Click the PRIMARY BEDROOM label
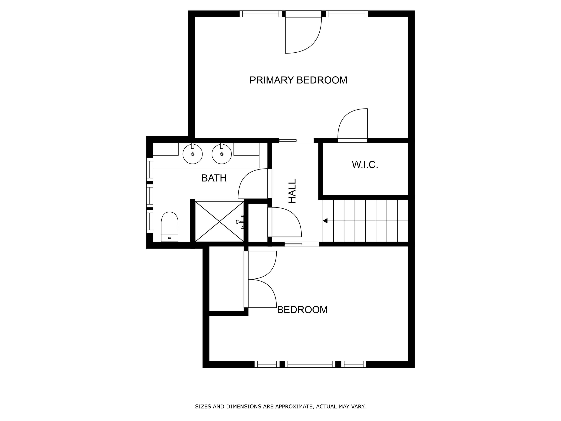[x=298, y=80]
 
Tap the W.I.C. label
[x=365, y=165]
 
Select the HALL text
[x=292, y=191]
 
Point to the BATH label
[x=214, y=178]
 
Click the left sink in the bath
[x=192, y=154]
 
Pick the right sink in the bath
[x=222, y=154]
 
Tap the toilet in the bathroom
[x=170, y=227]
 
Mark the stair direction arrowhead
[x=325, y=221]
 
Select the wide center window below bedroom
[x=310, y=364]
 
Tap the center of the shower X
[x=219, y=222]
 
